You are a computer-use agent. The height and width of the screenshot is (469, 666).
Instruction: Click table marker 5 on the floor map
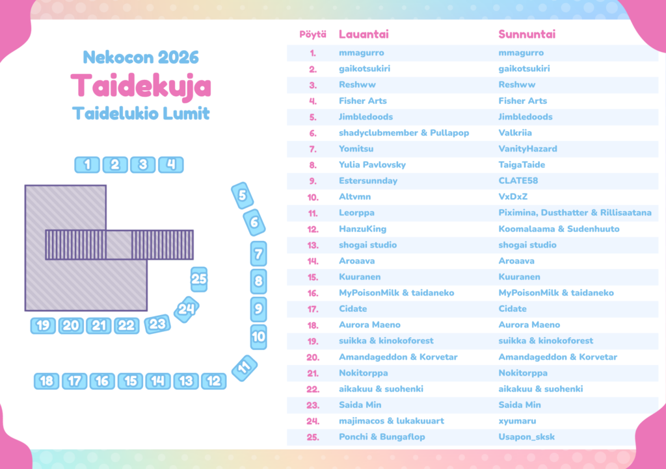(x=242, y=196)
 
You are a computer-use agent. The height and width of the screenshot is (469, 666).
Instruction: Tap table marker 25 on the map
(x=199, y=279)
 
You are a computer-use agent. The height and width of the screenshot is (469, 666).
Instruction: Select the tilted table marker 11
(x=245, y=368)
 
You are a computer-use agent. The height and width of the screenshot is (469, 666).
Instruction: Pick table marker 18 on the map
(x=46, y=381)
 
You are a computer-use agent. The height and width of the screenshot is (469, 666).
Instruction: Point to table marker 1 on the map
(x=87, y=164)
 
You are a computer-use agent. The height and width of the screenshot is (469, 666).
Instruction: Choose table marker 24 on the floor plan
(x=187, y=310)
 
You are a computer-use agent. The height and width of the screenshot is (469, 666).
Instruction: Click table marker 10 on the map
(x=258, y=336)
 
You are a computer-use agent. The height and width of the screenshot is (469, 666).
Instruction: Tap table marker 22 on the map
(x=126, y=325)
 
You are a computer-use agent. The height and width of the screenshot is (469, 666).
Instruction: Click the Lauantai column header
(x=364, y=34)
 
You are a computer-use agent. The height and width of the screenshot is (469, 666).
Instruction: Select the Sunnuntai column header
(x=527, y=34)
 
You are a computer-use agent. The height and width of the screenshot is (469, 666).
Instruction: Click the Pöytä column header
(x=313, y=34)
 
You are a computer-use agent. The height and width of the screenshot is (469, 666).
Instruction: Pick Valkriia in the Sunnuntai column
(x=515, y=133)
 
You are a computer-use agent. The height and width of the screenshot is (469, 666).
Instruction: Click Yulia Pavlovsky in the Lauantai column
(x=372, y=165)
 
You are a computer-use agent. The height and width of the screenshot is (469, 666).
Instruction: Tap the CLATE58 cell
(x=518, y=181)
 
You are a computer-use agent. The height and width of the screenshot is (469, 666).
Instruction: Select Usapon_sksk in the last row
(x=526, y=437)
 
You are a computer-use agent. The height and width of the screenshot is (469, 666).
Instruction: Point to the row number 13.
(x=313, y=246)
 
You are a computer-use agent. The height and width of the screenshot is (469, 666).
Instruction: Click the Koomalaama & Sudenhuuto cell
(x=559, y=229)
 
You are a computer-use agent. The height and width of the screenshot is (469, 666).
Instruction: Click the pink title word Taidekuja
(x=140, y=86)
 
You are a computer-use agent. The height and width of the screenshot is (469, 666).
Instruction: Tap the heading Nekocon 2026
(x=140, y=57)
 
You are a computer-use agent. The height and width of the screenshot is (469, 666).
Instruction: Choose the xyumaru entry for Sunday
(x=517, y=421)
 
